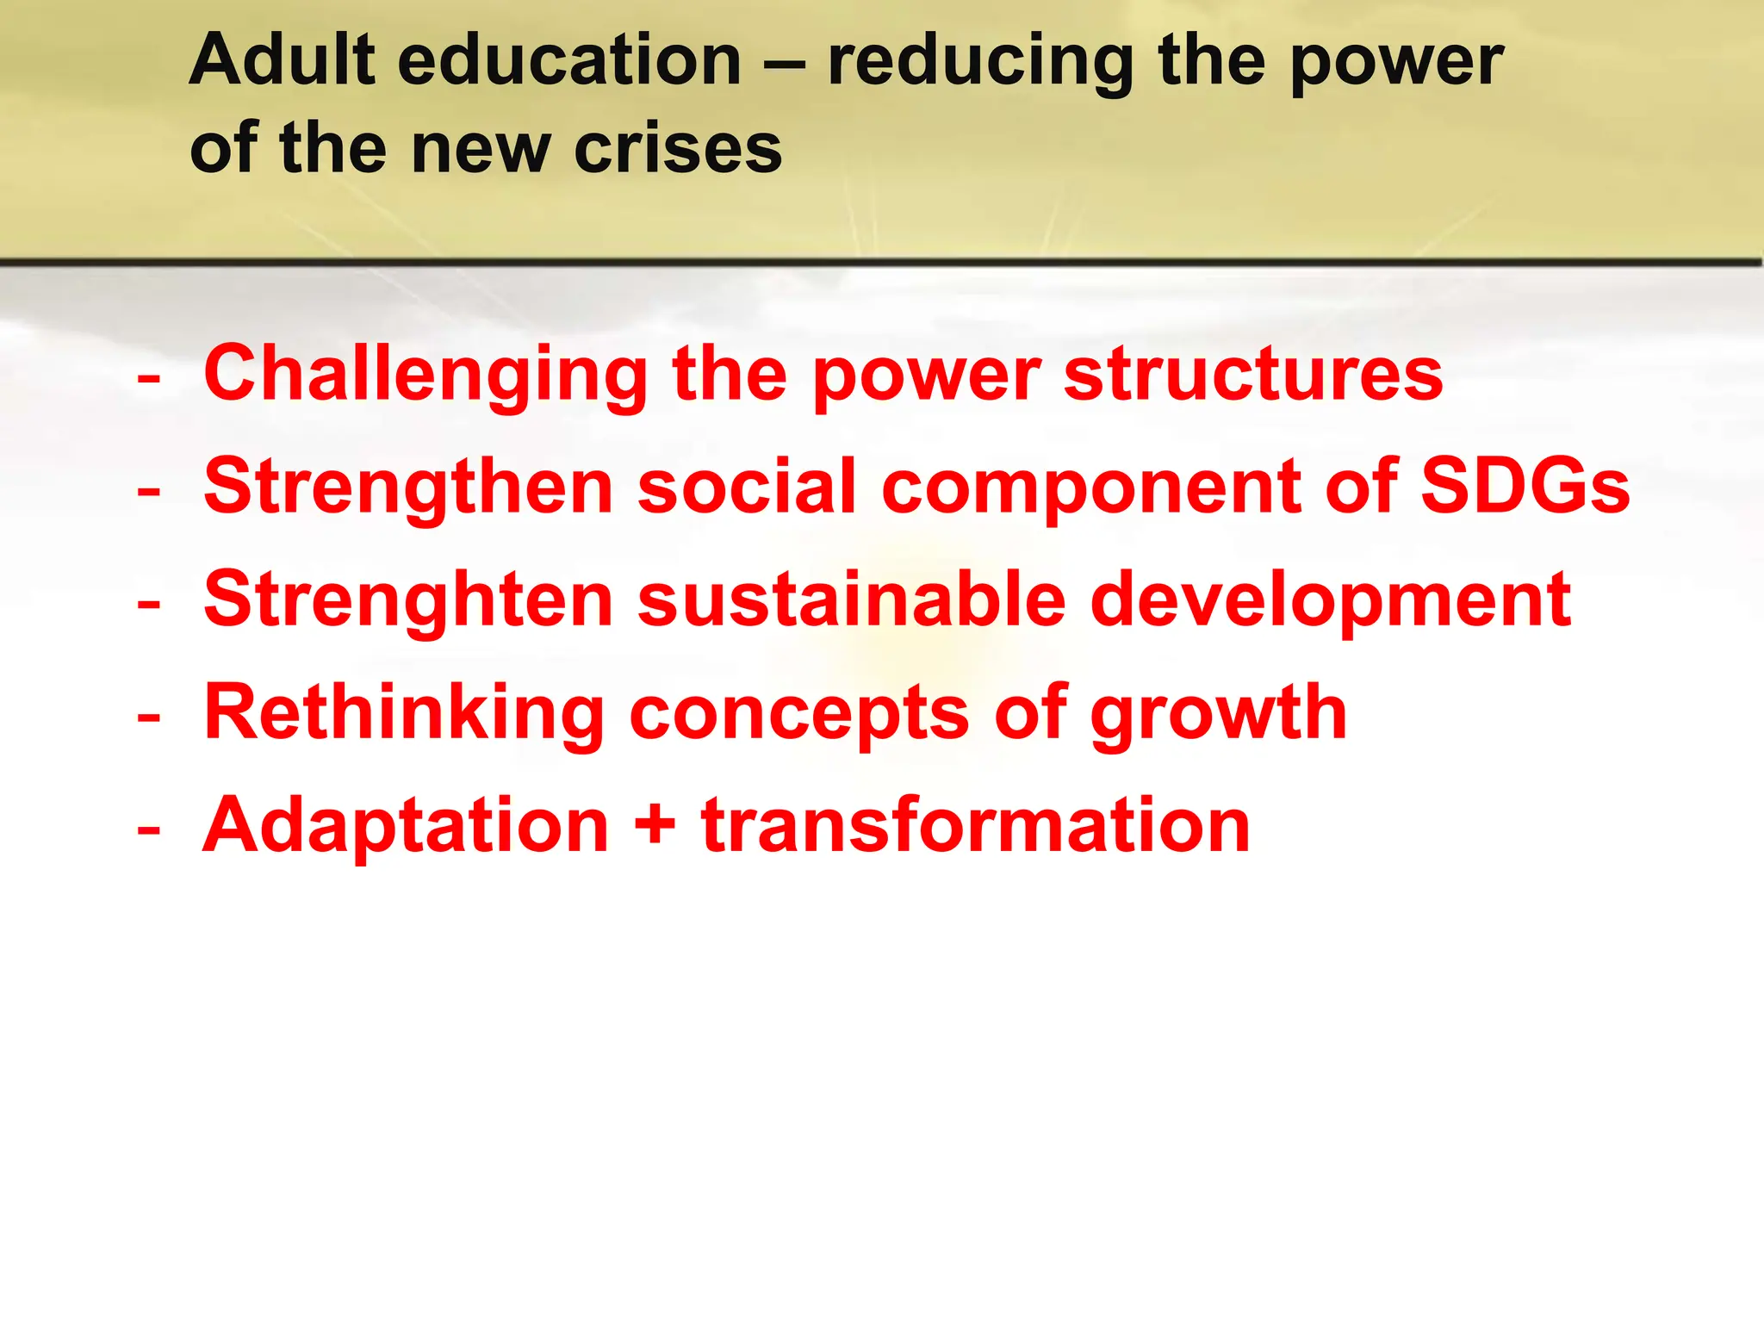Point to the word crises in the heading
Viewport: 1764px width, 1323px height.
tap(678, 149)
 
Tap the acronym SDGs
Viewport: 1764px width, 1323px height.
tap(1525, 487)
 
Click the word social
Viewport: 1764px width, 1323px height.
tap(747, 487)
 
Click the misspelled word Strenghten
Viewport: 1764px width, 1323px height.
tap(408, 600)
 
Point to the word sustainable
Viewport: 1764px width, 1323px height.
tap(852, 600)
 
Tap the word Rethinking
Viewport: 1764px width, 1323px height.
tap(405, 713)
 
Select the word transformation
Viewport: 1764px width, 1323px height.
tap(975, 825)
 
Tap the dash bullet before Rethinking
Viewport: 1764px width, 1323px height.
tap(149, 717)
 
